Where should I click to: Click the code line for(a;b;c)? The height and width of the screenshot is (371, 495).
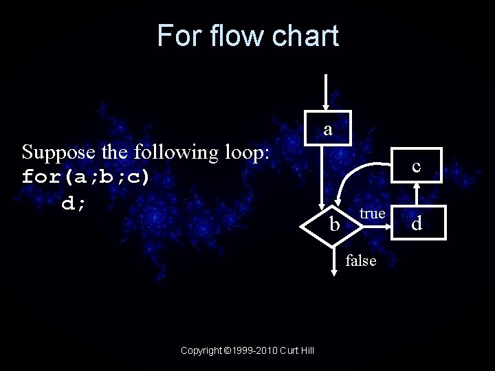[x=85, y=177]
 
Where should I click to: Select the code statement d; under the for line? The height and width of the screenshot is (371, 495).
[x=73, y=203]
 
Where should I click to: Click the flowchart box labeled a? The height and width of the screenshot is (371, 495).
[x=329, y=128]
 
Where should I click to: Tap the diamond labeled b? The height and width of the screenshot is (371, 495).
[x=334, y=223]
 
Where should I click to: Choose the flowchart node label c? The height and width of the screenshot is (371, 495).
[x=416, y=166]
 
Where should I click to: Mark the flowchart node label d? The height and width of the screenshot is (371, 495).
[x=416, y=223]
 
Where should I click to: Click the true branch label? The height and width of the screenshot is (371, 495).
[x=372, y=214]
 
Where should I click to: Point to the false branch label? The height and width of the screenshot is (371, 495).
[x=361, y=260]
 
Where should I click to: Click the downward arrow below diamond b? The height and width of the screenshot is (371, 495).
[x=333, y=261]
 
